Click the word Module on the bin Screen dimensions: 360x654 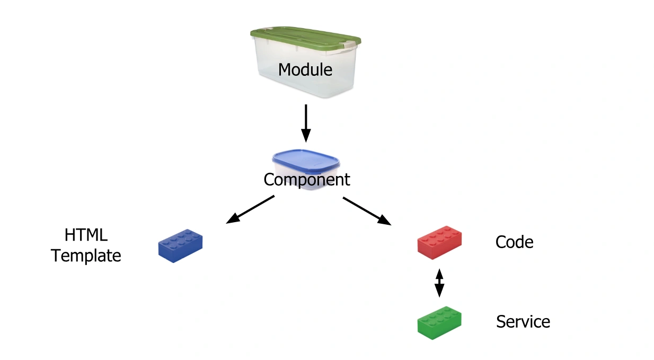click(x=305, y=69)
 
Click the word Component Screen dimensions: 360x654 click(x=307, y=180)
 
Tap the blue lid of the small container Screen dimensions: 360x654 click(x=305, y=160)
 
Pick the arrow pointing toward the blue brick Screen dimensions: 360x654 click(x=251, y=209)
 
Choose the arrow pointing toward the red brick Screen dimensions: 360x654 click(x=367, y=211)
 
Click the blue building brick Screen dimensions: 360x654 click(x=180, y=246)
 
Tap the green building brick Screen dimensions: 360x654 click(x=439, y=322)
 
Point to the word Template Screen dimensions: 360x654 click(x=86, y=256)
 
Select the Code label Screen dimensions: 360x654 click(x=514, y=242)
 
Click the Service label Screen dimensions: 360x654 click(x=523, y=322)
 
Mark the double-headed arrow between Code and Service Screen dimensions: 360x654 click(x=439, y=283)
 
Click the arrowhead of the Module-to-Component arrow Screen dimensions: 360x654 click(x=305, y=136)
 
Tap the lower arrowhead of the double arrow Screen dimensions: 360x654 click(x=439, y=292)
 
